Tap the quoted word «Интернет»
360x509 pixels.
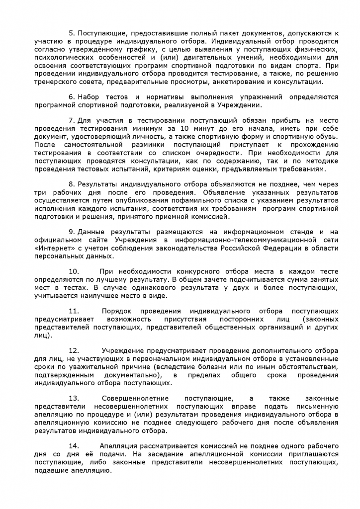54,248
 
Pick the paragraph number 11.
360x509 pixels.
74,311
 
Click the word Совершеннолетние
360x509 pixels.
135,399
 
